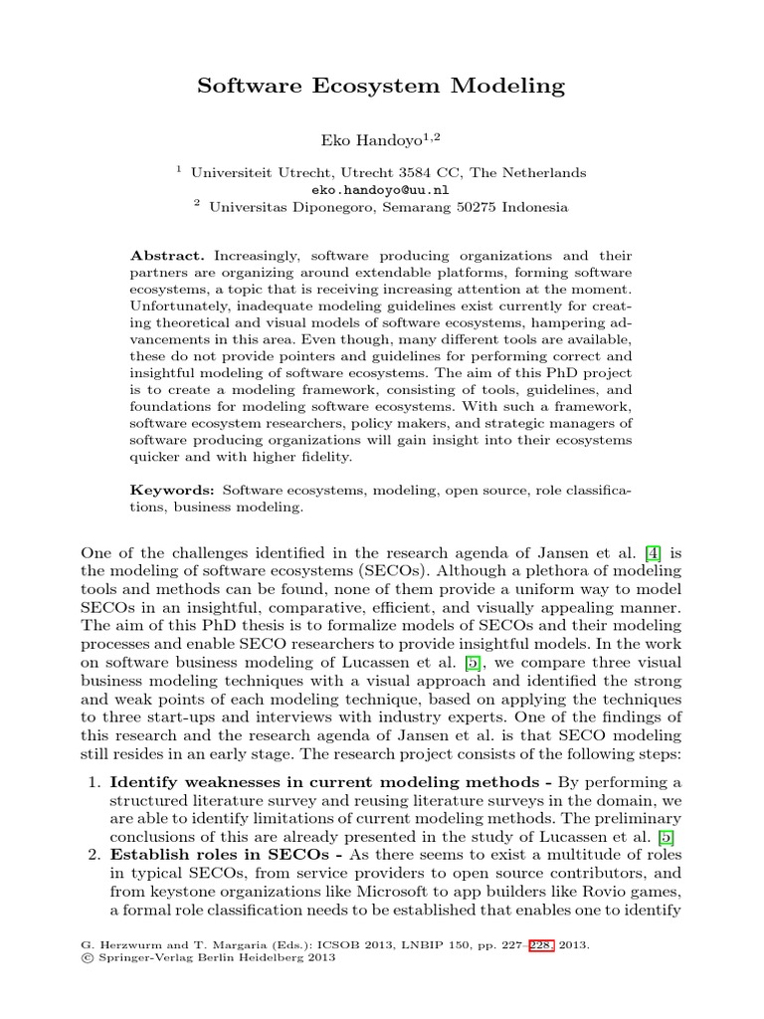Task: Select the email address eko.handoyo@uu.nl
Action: click(x=381, y=189)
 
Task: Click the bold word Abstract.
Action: click(x=164, y=256)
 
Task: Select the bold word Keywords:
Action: click(x=172, y=491)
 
